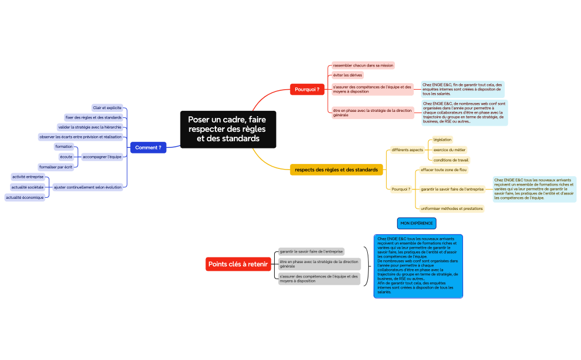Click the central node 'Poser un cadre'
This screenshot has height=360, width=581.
click(228, 129)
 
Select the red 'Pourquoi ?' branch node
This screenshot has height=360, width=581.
click(307, 89)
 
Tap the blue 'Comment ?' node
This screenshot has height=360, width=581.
click(148, 147)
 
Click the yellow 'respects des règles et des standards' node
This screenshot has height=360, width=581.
click(336, 169)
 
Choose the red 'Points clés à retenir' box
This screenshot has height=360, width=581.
click(238, 264)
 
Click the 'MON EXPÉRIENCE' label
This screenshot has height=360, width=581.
click(417, 223)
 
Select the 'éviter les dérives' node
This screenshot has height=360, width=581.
click(348, 75)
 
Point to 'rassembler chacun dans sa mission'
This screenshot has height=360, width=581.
click(363, 65)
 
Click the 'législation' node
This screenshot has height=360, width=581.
click(442, 140)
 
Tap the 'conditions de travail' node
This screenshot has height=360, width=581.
click(451, 160)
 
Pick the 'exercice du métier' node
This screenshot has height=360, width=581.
click(449, 150)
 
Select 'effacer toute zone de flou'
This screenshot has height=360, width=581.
click(444, 170)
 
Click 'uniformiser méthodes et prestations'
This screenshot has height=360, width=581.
click(451, 209)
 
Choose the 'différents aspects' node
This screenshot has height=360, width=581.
click(407, 150)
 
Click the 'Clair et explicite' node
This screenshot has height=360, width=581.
click(107, 107)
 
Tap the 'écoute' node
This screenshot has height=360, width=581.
click(66, 157)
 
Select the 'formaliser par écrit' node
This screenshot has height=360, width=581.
click(55, 167)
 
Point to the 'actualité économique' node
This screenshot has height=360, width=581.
click(25, 197)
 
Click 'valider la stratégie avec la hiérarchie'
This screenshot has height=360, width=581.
click(89, 127)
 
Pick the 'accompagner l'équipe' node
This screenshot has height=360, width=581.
click(101, 157)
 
